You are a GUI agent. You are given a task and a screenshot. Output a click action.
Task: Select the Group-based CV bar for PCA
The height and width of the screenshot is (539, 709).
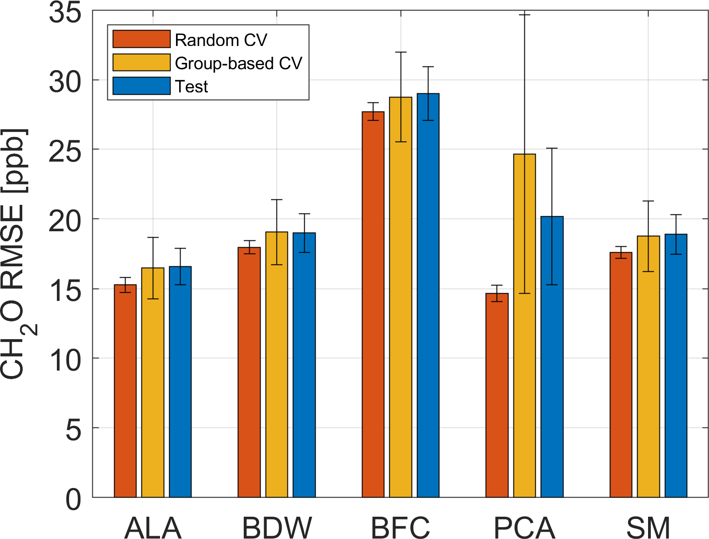524,325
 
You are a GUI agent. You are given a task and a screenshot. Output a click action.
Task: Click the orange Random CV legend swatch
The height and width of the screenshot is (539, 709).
141,39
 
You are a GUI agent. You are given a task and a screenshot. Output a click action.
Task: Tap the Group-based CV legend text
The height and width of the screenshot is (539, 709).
238,63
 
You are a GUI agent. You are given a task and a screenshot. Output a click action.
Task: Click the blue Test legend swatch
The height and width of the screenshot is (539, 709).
141,86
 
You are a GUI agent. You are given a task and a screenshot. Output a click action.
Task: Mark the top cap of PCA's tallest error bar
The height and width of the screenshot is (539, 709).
524,15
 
